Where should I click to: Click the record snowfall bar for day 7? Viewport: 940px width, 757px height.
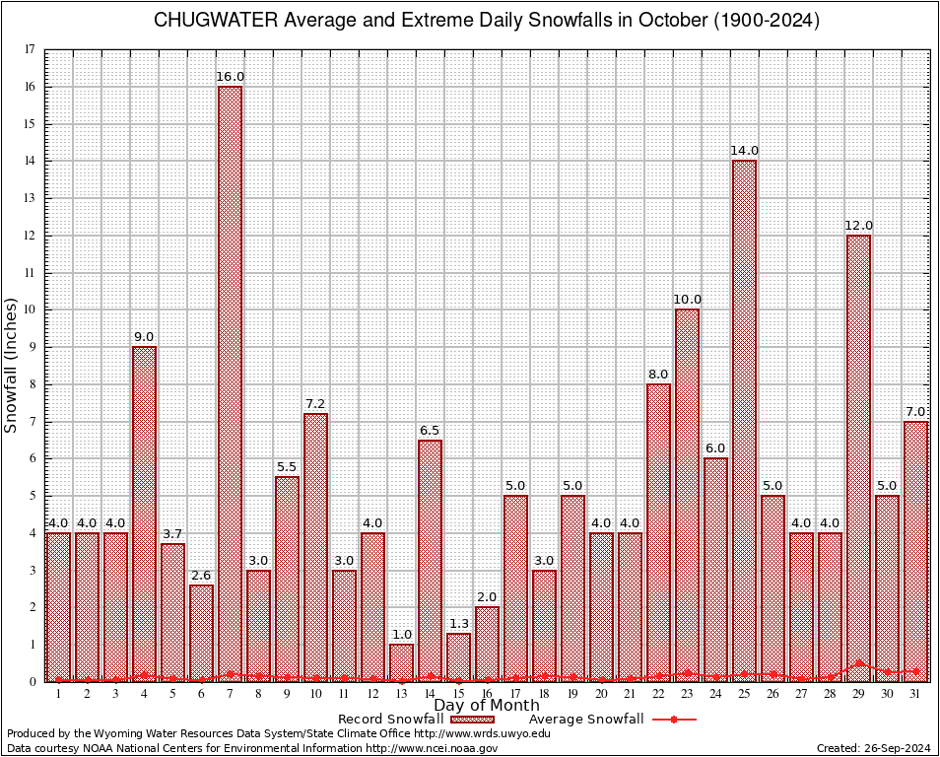(x=230, y=384)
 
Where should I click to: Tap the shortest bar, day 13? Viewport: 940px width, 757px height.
(x=401, y=662)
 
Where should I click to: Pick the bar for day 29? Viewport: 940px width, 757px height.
(x=858, y=458)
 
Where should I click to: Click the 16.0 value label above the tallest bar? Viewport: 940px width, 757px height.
(x=231, y=76)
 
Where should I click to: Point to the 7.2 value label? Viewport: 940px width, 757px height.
(x=315, y=403)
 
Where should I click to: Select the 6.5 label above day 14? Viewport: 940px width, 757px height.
(x=430, y=430)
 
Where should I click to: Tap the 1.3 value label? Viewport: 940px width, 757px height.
(x=458, y=623)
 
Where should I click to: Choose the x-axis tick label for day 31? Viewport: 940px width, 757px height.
(x=915, y=694)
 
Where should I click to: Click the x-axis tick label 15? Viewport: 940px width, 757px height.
(x=458, y=694)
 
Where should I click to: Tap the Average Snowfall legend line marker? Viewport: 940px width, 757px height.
(x=674, y=720)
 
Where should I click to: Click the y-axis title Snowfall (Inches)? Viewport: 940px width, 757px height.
(x=12, y=365)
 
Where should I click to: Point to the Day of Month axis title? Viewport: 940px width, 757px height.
(x=487, y=706)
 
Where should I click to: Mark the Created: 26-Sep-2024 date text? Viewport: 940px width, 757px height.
(x=873, y=748)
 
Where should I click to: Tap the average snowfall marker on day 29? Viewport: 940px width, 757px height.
(x=858, y=663)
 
